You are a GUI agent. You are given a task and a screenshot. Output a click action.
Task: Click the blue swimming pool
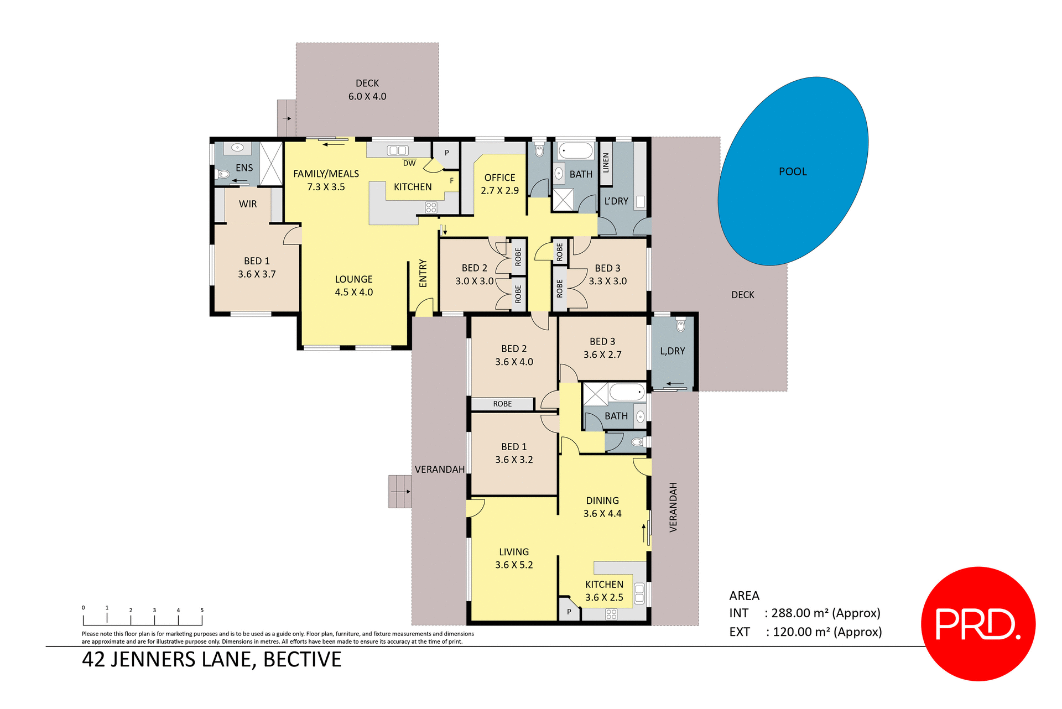(793, 171)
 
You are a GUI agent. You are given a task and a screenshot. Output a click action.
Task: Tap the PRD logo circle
(978, 624)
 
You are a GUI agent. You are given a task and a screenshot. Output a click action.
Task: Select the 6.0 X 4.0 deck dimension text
(367, 96)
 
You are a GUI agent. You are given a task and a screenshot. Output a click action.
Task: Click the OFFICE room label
(499, 178)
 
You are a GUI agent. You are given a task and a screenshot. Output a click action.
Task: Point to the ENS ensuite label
(244, 168)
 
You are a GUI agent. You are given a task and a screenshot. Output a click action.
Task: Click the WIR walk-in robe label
(248, 204)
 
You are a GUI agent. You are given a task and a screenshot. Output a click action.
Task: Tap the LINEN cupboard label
(606, 163)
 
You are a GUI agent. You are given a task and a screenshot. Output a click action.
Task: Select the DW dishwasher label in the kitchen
(409, 163)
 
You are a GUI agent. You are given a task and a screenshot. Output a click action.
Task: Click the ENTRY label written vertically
(423, 273)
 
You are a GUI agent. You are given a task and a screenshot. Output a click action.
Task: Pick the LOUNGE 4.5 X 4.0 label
(354, 285)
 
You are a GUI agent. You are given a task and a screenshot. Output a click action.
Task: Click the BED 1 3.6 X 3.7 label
(257, 267)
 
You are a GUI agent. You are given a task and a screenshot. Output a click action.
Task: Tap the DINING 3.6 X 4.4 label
(602, 507)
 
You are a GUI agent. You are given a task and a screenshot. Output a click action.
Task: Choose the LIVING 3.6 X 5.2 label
(514, 558)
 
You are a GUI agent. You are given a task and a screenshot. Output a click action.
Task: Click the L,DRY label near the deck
(672, 351)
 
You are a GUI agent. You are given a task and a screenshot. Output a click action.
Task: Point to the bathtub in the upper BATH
(575, 151)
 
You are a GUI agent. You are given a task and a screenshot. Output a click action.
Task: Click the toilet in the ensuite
(223, 174)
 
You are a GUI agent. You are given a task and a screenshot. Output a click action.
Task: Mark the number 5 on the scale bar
(202, 610)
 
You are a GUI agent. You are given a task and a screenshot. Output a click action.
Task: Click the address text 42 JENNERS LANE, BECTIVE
(212, 659)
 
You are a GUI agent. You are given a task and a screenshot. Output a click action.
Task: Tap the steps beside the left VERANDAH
(399, 491)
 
